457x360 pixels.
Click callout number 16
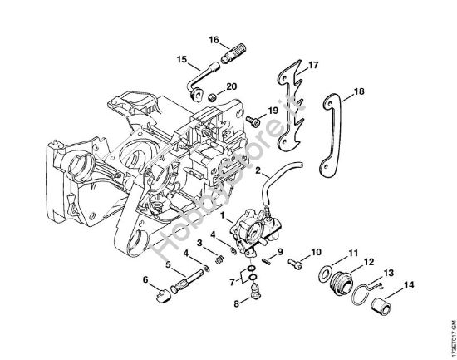point(214,40)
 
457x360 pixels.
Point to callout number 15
point(181,59)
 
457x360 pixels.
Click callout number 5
point(170,265)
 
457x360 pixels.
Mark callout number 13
point(388,271)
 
